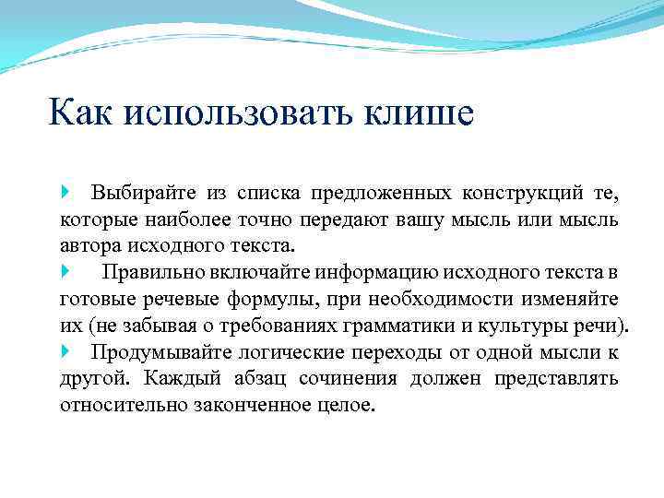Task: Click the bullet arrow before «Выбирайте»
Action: click(65, 193)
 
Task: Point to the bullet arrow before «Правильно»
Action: click(65, 272)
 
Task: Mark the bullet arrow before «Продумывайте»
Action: click(65, 351)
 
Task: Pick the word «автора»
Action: click(89, 246)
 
